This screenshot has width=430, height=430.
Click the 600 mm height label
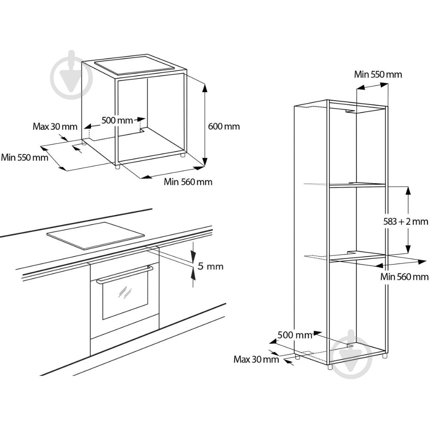[224, 126]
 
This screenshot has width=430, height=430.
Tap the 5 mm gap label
[211, 266]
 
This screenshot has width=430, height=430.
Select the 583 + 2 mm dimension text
[405, 221]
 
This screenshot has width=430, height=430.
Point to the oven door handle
[125, 274]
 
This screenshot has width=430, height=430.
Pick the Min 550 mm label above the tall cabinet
[378, 74]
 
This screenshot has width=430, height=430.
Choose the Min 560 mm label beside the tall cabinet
[404, 276]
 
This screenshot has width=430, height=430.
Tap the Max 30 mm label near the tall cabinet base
[256, 359]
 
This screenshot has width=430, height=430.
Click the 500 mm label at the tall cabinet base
[295, 335]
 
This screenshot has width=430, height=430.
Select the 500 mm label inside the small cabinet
[117, 120]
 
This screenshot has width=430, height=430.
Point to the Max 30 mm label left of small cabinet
[55, 126]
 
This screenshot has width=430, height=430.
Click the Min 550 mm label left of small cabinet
[25, 157]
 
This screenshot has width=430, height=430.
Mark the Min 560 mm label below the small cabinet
[188, 181]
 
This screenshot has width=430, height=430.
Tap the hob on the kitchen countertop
[95, 236]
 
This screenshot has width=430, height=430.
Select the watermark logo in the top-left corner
[71, 74]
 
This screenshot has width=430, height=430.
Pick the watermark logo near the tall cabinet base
[351, 354]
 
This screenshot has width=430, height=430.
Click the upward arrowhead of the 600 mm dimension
[205, 87]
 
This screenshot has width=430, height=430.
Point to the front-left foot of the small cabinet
[117, 167]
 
